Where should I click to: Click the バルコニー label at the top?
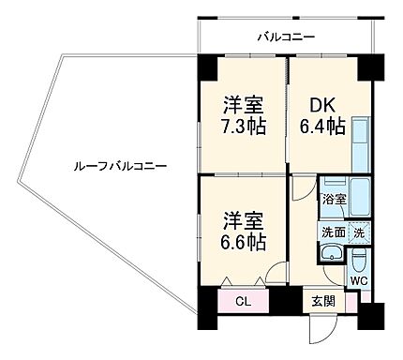coord(287,37)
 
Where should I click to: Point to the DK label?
coord(322,103)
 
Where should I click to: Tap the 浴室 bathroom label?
coord(334,200)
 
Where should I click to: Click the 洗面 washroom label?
coord(334,232)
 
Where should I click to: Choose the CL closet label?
coord(243,301)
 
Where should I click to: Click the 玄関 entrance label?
coord(322,301)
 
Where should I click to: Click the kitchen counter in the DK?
coord(361,141)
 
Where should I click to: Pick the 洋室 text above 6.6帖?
coord(243,220)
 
